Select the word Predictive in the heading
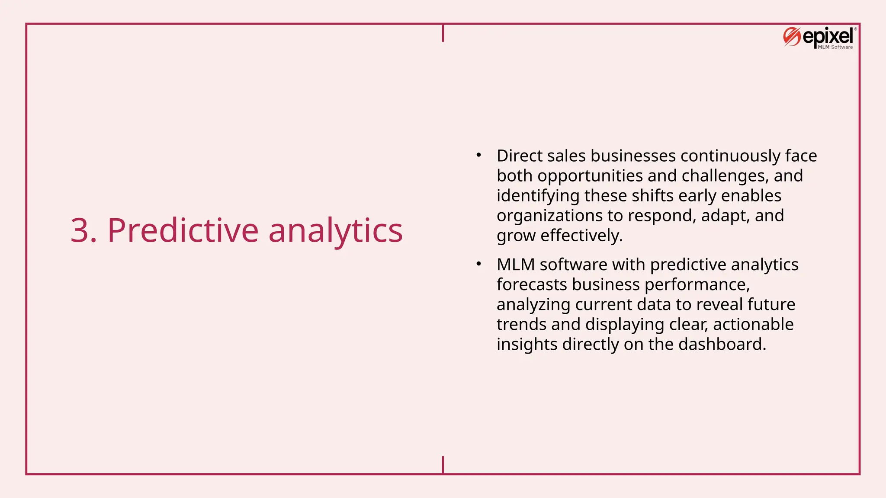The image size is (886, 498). coord(183,230)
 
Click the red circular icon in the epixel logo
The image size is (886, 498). coord(792,37)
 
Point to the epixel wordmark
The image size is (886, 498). coord(828,36)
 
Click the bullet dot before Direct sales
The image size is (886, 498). coord(478,155)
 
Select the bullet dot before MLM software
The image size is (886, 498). coord(478,264)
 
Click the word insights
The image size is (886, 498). coord(527,344)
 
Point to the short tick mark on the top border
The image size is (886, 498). coord(443,33)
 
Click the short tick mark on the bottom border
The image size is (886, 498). coord(443,465)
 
